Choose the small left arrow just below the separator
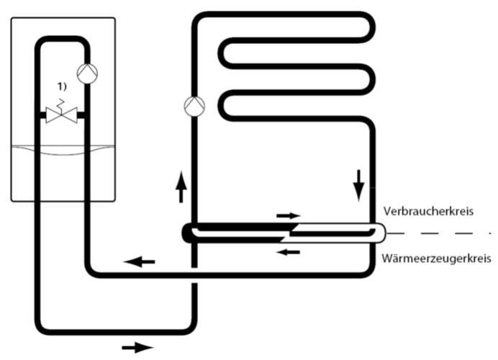(289, 251)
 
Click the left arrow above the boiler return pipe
(140, 261)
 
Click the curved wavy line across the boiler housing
(62, 149)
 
